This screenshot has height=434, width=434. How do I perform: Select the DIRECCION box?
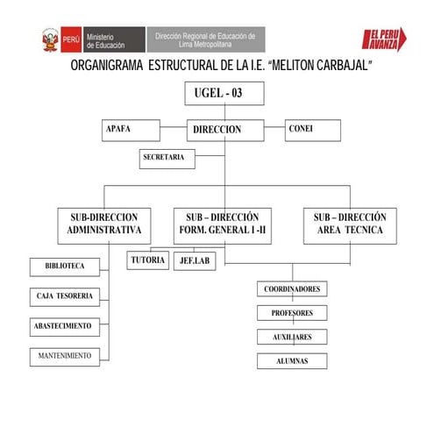217,129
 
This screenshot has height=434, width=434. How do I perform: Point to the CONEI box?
316,129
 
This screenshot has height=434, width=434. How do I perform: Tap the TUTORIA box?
147,260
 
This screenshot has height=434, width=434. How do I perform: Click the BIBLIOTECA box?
65,265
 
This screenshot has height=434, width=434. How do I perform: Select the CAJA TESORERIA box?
65,295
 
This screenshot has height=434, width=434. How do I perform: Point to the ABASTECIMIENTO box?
65,325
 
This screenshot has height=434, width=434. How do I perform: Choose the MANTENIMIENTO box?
65,355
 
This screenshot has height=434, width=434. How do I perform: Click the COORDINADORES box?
292,288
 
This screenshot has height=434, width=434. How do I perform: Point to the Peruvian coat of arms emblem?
51,39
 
